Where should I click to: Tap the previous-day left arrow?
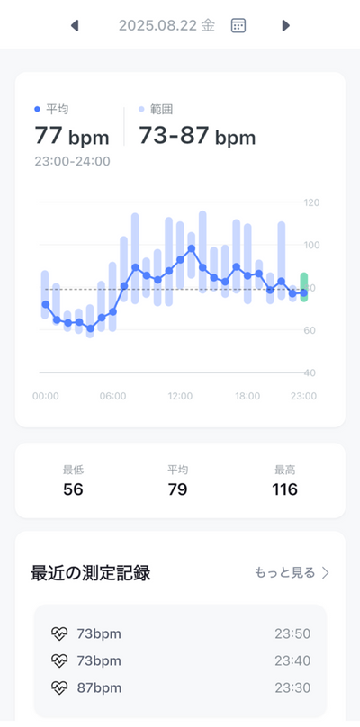pyautogui.click(x=75, y=25)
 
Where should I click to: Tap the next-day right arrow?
pyautogui.click(x=286, y=25)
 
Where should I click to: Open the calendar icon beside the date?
pyautogui.click(x=238, y=25)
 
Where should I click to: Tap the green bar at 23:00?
pyautogui.click(x=304, y=287)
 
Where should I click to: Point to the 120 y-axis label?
pyautogui.click(x=311, y=202)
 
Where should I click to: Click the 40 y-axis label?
pyautogui.click(x=310, y=372)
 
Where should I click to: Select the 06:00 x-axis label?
pyautogui.click(x=112, y=397)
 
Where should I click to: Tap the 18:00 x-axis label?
pyautogui.click(x=247, y=397)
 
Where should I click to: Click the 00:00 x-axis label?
pyautogui.click(x=46, y=397)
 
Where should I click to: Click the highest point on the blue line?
pyautogui.click(x=191, y=248)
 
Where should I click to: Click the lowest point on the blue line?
pyautogui.click(x=90, y=328)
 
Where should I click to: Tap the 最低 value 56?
pyautogui.click(x=73, y=489)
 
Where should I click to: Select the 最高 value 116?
pyautogui.click(x=284, y=489)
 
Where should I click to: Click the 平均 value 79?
pyautogui.click(x=177, y=489)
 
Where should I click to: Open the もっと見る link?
pyautogui.click(x=292, y=572)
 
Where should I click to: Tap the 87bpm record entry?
pyautogui.click(x=99, y=687)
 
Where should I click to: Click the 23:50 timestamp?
pyautogui.click(x=292, y=633)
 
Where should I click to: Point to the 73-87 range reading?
pyautogui.click(x=197, y=137)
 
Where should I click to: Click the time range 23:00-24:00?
pyautogui.click(x=72, y=161)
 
